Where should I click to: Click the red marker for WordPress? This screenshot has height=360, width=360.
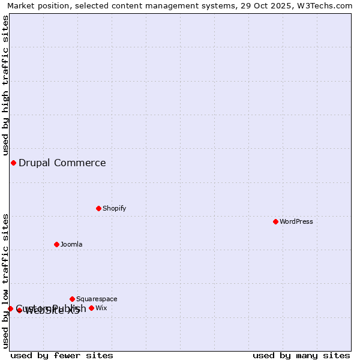(275, 221)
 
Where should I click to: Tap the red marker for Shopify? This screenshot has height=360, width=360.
(98, 208)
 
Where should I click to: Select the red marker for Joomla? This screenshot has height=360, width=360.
(56, 244)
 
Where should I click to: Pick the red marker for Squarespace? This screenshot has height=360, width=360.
(72, 299)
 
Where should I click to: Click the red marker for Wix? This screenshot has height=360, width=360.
(91, 308)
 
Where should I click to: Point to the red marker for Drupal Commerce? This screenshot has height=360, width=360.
(13, 163)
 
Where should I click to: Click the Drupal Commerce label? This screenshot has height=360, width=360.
(62, 163)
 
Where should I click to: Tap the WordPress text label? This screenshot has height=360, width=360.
(296, 221)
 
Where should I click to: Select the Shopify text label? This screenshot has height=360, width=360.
(114, 208)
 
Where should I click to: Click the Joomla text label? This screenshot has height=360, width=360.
(71, 244)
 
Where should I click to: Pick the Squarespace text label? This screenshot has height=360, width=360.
(97, 299)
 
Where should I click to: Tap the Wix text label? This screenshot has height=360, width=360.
(101, 308)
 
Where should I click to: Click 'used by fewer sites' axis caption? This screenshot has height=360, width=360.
(62, 355)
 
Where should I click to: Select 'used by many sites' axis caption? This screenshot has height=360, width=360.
(301, 355)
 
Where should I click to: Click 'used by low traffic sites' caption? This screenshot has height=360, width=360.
(5, 281)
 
